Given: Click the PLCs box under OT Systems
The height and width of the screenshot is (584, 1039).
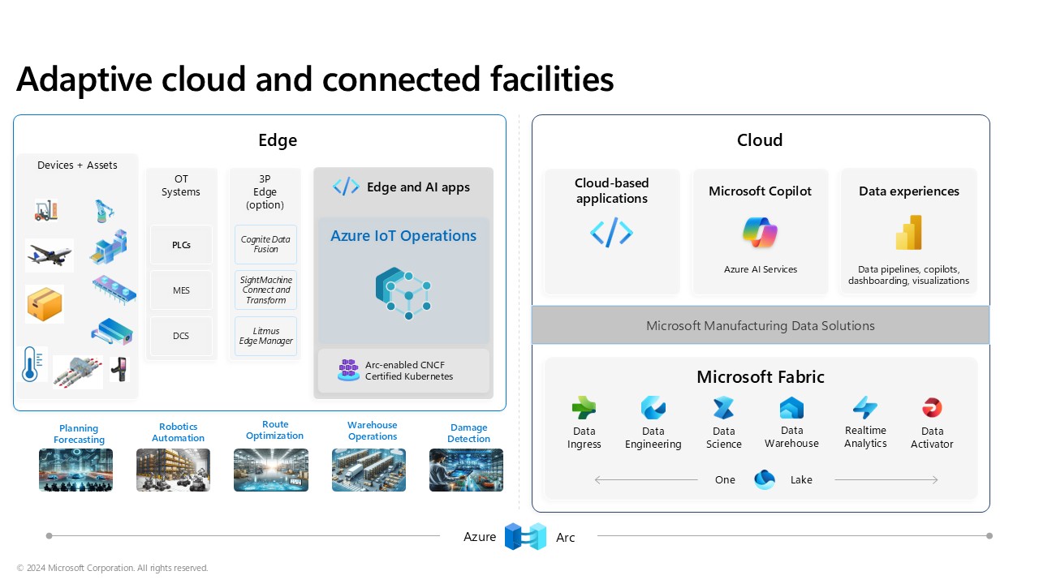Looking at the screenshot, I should pos(181,245).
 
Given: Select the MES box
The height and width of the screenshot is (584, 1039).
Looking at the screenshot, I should pos(181,290).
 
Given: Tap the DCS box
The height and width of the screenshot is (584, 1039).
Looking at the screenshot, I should pos(181,336).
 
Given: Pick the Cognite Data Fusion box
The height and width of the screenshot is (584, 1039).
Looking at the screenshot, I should pos(265,245).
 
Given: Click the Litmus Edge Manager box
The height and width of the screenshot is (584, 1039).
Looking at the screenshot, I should pos(265,336).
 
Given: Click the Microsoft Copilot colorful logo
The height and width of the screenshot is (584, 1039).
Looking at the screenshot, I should pos(760,233).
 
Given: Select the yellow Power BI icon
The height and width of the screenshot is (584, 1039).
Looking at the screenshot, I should pos(908,233).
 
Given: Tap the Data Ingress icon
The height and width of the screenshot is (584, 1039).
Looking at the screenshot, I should pos(584,407).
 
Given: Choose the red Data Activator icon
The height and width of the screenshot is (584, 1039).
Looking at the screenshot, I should pos(932,407).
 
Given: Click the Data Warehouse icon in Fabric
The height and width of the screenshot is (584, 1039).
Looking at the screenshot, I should pos(791,407).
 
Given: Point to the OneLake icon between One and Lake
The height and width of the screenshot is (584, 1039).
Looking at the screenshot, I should pos(764,479).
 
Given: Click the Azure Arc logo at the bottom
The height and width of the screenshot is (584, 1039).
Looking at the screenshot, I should pos(525,536).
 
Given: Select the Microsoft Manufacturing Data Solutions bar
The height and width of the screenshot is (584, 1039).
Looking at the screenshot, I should pos(761,325).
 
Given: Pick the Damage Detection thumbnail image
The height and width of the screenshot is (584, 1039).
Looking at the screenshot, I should pos(466,470).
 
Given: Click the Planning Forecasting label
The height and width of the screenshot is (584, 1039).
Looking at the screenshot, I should pos(79,434).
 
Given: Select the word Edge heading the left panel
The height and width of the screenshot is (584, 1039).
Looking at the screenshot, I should pos(278,140).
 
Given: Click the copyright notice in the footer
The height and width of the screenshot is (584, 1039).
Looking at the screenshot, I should pos(112,569).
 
